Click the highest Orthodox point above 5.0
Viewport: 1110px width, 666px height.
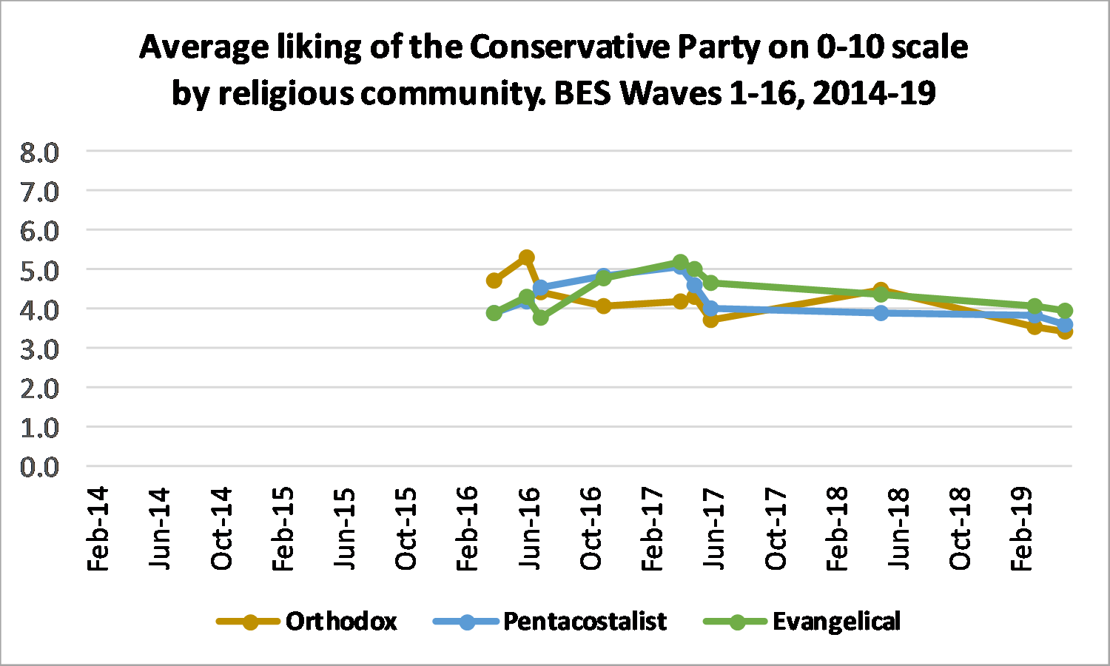coord(527,258)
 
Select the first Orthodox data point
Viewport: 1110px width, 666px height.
coord(494,280)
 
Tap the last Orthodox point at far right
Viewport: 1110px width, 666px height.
coord(1065,331)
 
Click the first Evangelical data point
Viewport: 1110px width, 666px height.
coord(494,313)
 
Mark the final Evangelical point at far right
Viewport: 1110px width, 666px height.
coord(1065,311)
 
